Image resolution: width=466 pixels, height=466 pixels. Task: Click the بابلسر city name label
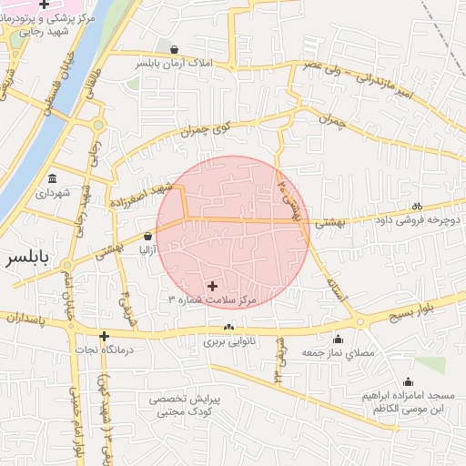(25, 258)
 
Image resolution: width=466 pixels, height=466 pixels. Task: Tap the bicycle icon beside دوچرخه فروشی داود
(418, 206)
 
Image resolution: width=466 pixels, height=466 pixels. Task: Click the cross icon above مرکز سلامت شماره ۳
(213, 286)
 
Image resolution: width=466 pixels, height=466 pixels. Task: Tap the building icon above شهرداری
(52, 179)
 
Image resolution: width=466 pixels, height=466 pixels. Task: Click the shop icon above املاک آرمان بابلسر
(174, 49)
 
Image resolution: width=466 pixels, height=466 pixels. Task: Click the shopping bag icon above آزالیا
(147, 236)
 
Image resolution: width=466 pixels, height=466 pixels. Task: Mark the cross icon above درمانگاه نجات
(105, 336)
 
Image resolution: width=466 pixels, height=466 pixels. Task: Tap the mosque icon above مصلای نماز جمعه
(338, 339)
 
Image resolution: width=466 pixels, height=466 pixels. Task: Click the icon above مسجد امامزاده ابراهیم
(408, 382)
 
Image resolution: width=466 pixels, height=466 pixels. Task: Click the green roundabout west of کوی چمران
(97, 126)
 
